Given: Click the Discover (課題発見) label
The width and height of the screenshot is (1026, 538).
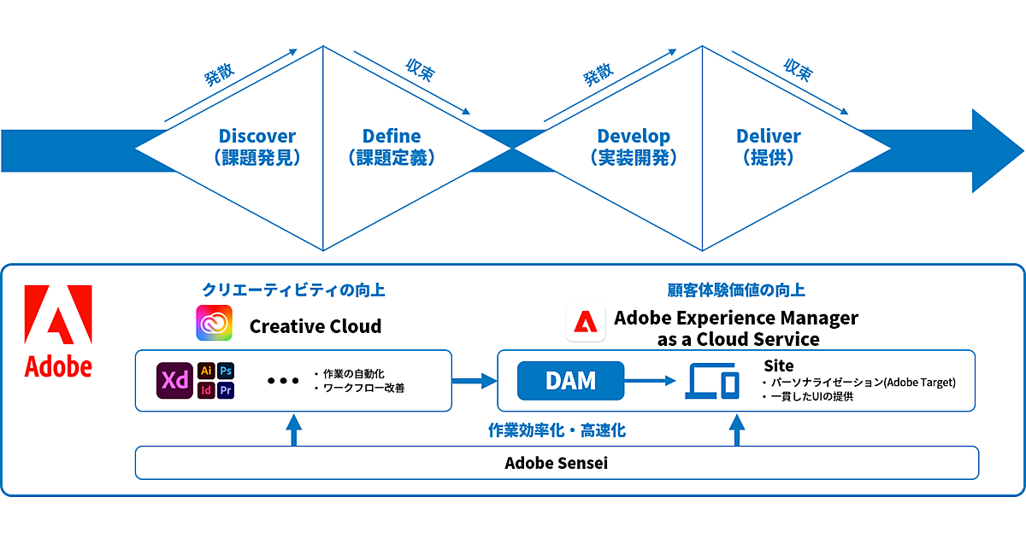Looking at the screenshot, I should point(257,146).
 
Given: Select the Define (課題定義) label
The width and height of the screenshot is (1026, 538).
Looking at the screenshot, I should point(392,146).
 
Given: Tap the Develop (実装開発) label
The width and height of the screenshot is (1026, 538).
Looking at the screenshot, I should point(634,146).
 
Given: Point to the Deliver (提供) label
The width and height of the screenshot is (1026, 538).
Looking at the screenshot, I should point(769,146).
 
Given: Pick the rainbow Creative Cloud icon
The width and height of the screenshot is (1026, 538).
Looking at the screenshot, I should point(214,324).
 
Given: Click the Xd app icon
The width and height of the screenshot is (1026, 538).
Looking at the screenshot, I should point(174,380).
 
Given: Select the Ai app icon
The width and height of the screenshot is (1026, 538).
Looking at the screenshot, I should point(206,371).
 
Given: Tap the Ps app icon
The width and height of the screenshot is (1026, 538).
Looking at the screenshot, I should point(226,371).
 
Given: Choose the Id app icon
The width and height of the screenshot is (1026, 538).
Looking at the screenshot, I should point(206,390).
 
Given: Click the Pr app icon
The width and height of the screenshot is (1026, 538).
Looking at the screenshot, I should point(226,390).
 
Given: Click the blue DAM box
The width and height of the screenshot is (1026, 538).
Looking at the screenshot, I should point(571,381).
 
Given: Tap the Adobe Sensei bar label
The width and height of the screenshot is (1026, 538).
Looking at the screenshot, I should point(557,463).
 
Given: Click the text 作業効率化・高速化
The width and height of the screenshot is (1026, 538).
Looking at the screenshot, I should point(557,430).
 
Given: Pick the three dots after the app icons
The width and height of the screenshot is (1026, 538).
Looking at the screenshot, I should point(283,381).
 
